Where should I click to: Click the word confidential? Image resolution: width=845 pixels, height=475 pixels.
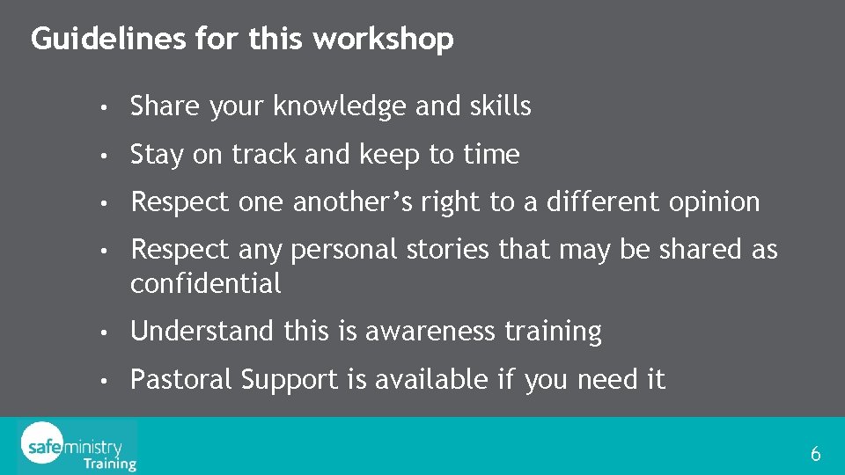[206, 283]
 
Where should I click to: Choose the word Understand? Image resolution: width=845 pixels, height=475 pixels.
[202, 332]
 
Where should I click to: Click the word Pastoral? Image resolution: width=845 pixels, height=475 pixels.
[181, 380]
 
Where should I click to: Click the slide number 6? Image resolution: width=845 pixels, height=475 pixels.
[815, 455]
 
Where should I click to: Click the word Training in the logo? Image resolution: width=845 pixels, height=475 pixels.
[110, 463]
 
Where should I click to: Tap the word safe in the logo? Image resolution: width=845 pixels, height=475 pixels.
[42, 446]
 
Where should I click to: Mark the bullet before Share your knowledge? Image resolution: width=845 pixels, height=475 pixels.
[104, 108]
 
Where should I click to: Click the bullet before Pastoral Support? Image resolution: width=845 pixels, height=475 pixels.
[104, 382]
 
